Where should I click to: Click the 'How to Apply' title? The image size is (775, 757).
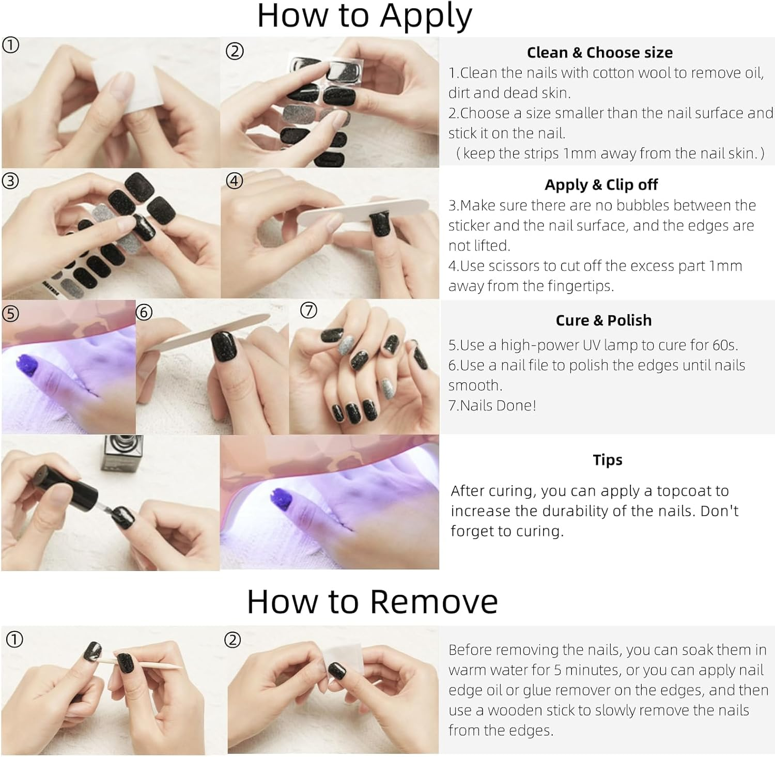click(364, 17)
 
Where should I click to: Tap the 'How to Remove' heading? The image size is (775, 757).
click(372, 601)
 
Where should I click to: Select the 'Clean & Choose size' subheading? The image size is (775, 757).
click(599, 52)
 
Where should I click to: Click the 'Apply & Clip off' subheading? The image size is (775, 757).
click(601, 184)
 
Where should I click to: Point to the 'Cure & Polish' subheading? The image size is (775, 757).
click(603, 320)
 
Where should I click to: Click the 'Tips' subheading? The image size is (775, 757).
click(608, 459)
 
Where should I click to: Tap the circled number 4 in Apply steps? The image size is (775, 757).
click(235, 181)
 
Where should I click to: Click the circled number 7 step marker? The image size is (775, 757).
click(308, 310)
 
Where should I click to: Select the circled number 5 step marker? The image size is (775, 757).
click(10, 313)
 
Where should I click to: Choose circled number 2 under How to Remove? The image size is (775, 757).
click(233, 640)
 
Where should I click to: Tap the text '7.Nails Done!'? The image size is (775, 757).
click(492, 405)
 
